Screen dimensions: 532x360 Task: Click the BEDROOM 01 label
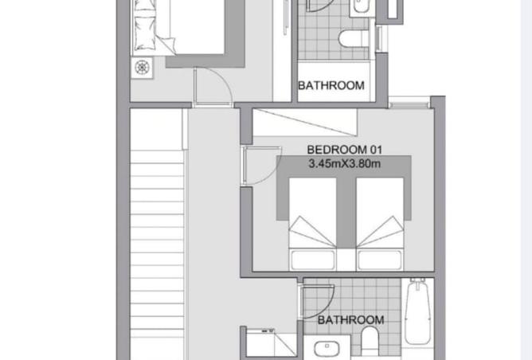344,150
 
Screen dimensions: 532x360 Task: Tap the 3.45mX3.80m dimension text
344,164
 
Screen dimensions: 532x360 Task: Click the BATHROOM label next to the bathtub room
351,320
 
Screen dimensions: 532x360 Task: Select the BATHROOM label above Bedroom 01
331,85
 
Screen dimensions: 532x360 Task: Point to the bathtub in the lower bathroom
418,311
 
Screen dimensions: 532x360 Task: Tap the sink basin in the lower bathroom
327,349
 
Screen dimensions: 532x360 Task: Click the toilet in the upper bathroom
354,38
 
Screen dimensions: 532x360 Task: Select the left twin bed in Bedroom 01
312,224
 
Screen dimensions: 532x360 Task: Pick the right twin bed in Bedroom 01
380,224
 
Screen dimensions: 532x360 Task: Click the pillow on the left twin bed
312,260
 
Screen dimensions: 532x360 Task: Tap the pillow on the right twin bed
380,260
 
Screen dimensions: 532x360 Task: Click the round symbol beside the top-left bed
143,67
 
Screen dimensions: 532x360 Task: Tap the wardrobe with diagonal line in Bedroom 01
305,122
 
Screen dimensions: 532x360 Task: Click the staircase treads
157,251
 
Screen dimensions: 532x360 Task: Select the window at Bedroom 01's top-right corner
409,103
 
